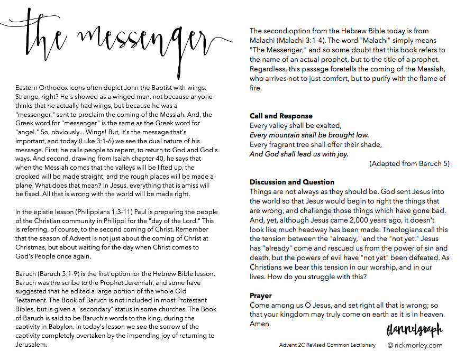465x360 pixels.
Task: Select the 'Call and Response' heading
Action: (x=281, y=116)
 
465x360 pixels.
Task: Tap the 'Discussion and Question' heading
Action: (x=292, y=182)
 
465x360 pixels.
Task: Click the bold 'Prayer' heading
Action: (x=261, y=296)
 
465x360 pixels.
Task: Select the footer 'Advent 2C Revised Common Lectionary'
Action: (x=327, y=345)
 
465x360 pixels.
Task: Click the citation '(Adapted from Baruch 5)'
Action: (x=409, y=163)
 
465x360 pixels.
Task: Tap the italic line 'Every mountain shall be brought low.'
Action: (x=309, y=135)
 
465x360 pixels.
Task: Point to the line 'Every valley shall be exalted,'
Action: (x=296, y=125)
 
